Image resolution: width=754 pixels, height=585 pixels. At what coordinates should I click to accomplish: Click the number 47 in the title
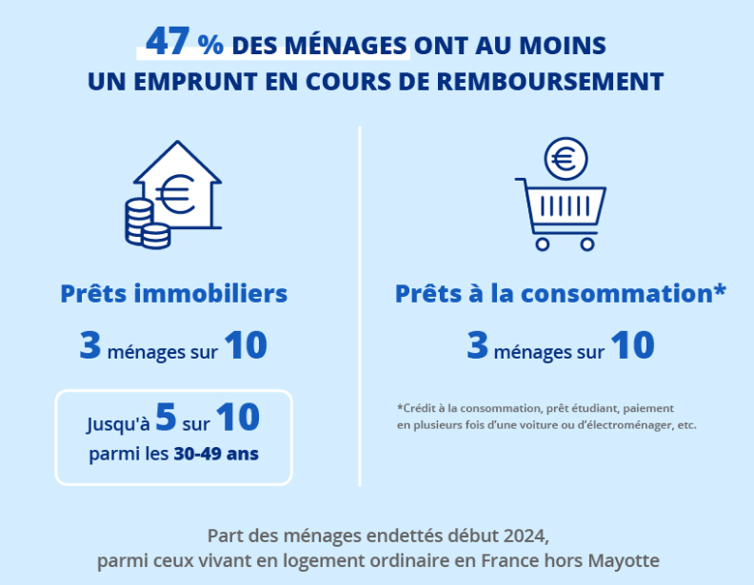[168, 42]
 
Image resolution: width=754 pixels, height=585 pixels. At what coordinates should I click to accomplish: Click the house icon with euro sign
[178, 187]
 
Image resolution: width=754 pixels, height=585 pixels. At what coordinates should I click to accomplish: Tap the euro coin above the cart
[566, 160]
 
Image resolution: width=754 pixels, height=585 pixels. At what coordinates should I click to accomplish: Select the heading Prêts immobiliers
[174, 293]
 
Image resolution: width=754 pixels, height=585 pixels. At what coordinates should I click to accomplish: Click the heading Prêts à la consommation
[561, 293]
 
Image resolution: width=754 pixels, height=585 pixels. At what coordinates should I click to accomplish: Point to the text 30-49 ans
[216, 454]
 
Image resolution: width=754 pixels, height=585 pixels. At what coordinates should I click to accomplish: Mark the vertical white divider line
[360, 304]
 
